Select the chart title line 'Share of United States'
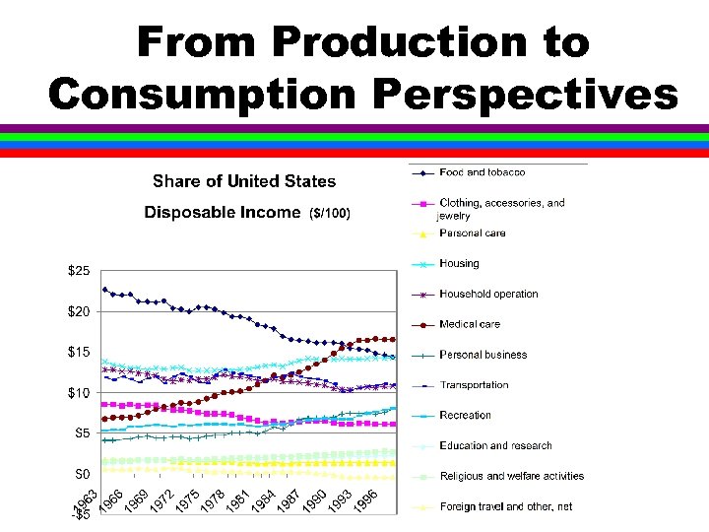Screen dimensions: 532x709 pyautogui.click(x=243, y=181)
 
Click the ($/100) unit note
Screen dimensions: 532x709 pyautogui.click(x=329, y=213)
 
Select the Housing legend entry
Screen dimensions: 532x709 pyautogui.click(x=459, y=264)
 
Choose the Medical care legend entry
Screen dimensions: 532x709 pyautogui.click(x=469, y=324)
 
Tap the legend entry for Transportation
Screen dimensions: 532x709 pyautogui.click(x=474, y=385)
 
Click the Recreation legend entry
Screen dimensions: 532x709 pyautogui.click(x=465, y=416)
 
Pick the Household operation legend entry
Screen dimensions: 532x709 pyautogui.click(x=488, y=294)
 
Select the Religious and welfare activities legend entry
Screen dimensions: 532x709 pyautogui.click(x=511, y=476)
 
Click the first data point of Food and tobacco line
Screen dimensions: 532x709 pyautogui.click(x=105, y=289)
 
